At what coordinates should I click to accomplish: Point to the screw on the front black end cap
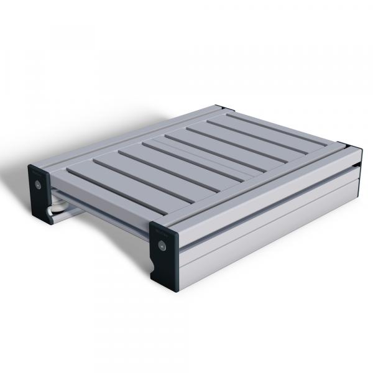tap(163, 247)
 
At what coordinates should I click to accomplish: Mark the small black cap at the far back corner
tap(220, 108)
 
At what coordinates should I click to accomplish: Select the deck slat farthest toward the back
tap(274, 127)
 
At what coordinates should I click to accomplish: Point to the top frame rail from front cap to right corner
tap(261, 186)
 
